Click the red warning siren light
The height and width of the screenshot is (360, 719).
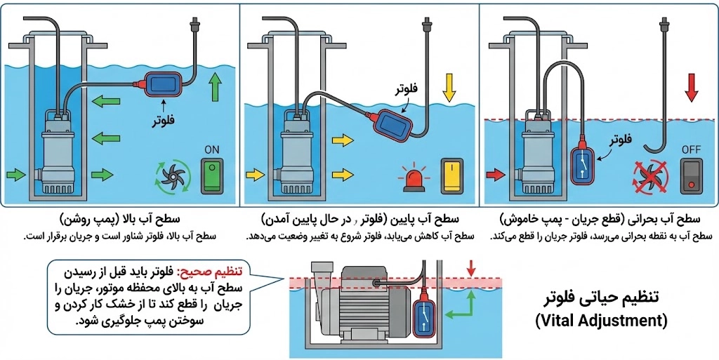pyautogui.click(x=412, y=178)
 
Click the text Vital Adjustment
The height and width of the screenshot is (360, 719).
pyautogui.click(x=600, y=321)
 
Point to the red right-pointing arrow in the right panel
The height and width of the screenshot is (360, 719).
pyautogui.click(x=495, y=173)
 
